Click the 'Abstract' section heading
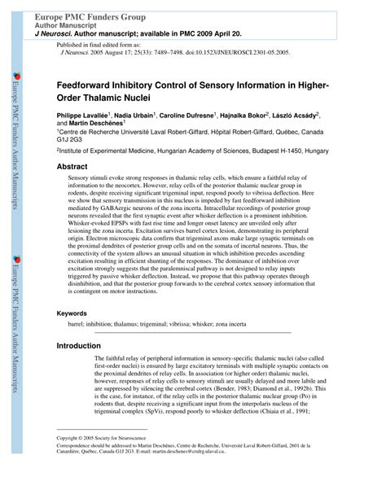72,166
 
